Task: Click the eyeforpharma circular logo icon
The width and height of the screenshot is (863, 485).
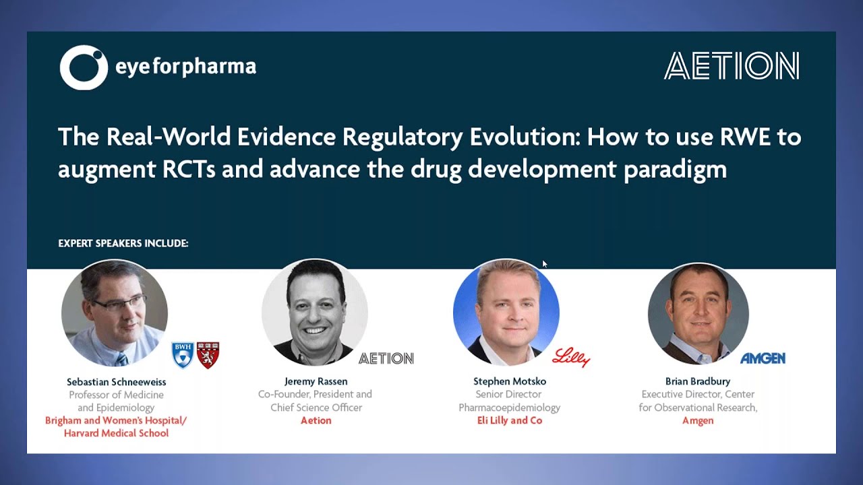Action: click(84, 67)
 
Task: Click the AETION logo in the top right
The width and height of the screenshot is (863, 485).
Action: click(732, 67)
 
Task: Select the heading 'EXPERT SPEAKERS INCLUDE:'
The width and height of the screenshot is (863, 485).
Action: click(123, 243)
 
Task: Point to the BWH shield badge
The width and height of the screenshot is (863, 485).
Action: click(183, 355)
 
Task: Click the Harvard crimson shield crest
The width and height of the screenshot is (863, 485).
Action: click(208, 355)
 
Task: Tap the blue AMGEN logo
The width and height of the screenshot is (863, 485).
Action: click(763, 358)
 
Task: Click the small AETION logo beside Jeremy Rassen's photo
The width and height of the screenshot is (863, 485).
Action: click(386, 358)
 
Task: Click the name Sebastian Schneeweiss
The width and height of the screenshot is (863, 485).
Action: click(115, 381)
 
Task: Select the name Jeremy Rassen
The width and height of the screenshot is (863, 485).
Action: click(316, 381)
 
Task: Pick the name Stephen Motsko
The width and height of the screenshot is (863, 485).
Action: click(509, 381)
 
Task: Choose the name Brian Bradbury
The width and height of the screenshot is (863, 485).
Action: click(697, 381)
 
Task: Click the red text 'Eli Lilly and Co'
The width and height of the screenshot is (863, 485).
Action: click(509, 420)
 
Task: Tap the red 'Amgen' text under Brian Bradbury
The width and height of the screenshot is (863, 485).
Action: click(697, 420)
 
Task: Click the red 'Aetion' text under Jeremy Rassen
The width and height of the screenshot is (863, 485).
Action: click(316, 420)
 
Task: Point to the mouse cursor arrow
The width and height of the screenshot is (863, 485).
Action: click(545, 264)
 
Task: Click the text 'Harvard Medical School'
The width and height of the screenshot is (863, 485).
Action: click(116, 433)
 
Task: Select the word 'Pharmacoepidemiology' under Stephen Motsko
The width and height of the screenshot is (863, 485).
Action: click(509, 408)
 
